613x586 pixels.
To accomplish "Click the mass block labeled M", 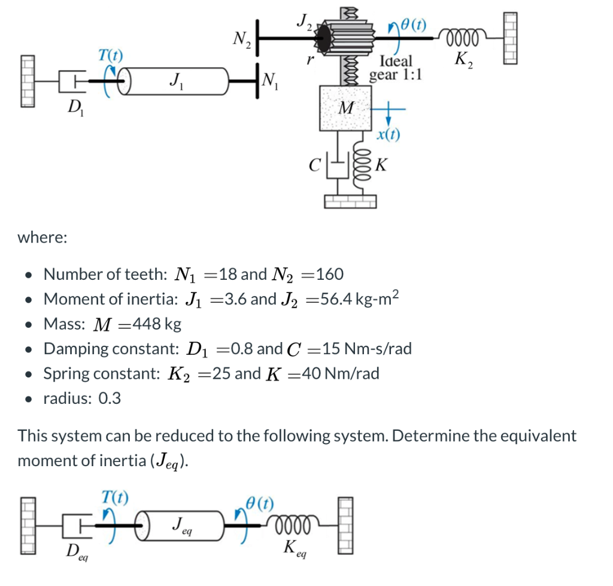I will tap(345, 108).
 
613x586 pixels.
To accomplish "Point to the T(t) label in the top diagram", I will tap(110, 55).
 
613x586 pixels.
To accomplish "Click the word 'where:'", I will tap(43, 237).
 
